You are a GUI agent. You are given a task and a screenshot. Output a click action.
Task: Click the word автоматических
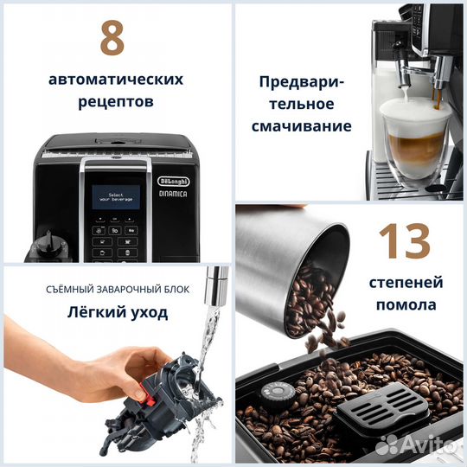116,79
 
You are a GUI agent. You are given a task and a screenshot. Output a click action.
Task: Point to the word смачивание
301,126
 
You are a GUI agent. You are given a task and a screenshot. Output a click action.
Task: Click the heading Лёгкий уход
116,311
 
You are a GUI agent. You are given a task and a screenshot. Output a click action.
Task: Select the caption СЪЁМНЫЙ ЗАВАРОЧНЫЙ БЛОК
116,289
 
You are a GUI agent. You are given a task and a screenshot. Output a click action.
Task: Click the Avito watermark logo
416,443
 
